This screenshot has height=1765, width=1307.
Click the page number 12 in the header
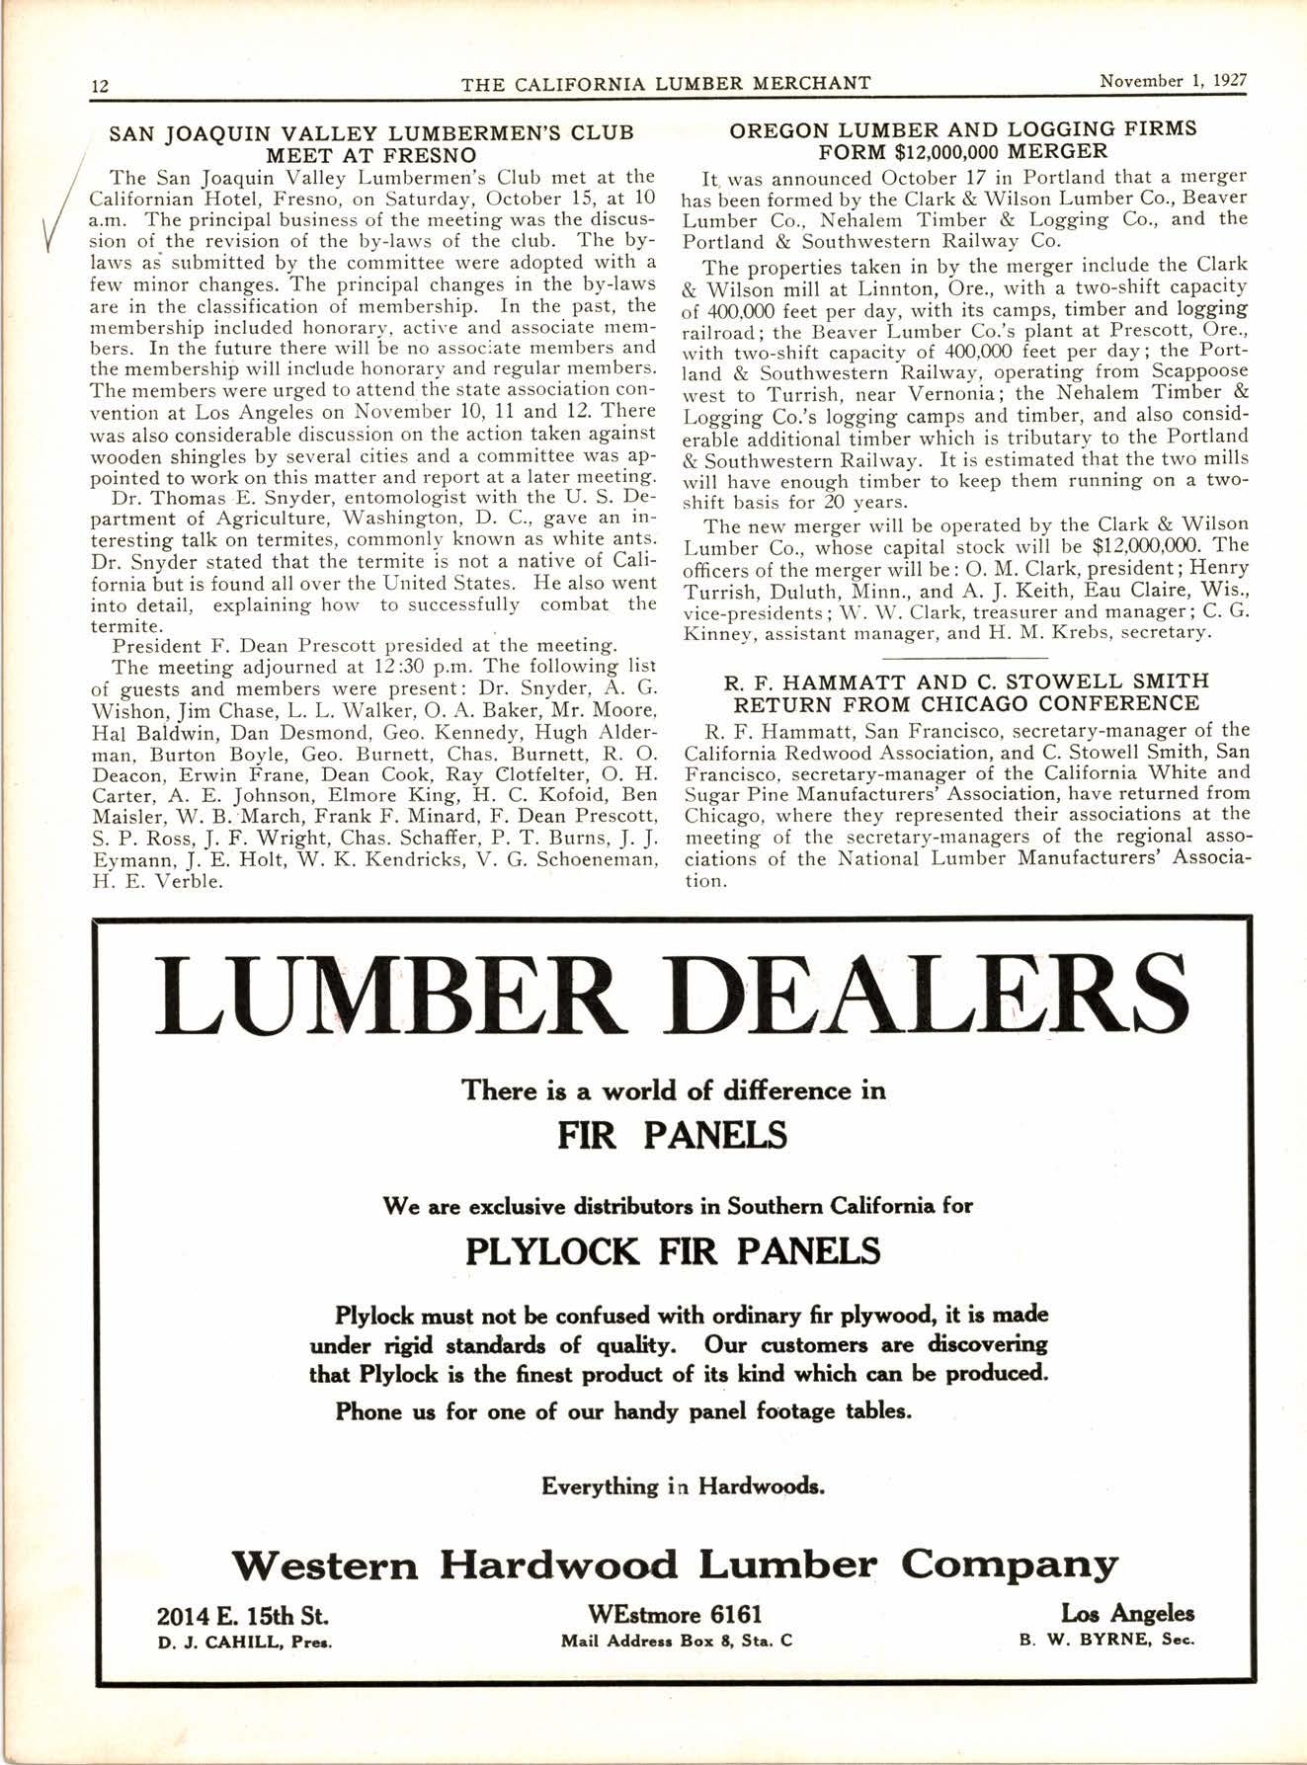pos(99,85)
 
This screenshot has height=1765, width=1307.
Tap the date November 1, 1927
pos(1173,81)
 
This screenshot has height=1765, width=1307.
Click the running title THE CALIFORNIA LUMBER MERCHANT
pos(666,83)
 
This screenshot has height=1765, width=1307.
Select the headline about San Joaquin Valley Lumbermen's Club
pos(370,143)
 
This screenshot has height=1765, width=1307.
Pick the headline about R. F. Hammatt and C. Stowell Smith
pos(966,691)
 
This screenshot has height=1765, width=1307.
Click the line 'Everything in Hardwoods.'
pos(681,1486)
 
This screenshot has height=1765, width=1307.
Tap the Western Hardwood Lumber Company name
pos(675,1564)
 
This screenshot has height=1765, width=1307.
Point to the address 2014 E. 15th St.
pos(243,1616)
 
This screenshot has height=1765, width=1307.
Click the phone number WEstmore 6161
pos(676,1615)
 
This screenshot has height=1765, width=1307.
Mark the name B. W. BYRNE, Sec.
pos(1106,1642)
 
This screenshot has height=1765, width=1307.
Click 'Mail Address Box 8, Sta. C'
pos(676,1642)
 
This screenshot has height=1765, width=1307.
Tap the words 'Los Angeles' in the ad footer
pos(1127,1614)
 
